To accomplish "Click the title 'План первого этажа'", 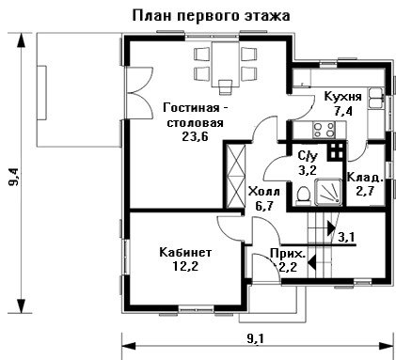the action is [x=211, y=15].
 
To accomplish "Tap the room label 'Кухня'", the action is [x=342, y=96].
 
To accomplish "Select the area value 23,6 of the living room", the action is [x=195, y=136].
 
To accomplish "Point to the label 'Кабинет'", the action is [x=185, y=252].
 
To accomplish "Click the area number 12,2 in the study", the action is [x=185, y=266].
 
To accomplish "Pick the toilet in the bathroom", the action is [x=303, y=196].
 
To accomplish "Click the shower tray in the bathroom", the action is [x=328, y=192].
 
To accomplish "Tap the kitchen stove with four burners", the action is [x=325, y=130].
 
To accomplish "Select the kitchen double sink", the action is [x=375, y=98].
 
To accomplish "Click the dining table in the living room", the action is [x=226, y=64].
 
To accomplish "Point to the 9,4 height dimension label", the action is [x=14, y=177].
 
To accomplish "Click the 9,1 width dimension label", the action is [x=256, y=338].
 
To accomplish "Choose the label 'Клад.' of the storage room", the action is [x=365, y=178].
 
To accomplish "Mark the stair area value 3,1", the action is [x=347, y=237].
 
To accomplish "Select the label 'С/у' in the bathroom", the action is [x=308, y=155].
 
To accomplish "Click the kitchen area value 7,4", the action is [x=342, y=111].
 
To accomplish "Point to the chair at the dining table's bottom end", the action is [x=226, y=86].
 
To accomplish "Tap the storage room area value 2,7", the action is [x=365, y=191].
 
